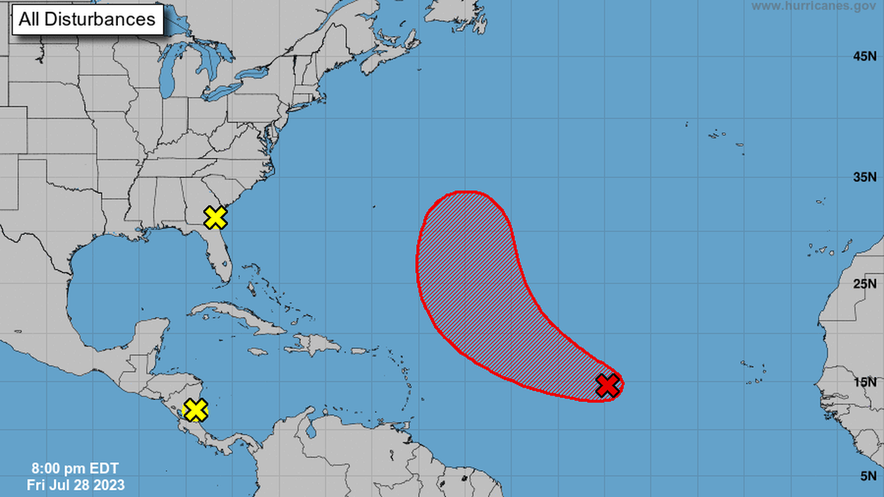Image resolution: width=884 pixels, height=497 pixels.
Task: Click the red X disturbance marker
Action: click(608, 385)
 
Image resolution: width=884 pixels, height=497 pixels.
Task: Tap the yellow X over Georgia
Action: click(215, 218)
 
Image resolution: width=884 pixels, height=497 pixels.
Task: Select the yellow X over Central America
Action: click(196, 409)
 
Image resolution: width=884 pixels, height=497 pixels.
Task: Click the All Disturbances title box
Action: click(87, 20)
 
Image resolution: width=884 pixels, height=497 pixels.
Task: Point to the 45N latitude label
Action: click(865, 56)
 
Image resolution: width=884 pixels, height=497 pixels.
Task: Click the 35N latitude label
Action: click(865, 177)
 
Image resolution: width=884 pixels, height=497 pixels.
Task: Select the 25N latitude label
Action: click(865, 284)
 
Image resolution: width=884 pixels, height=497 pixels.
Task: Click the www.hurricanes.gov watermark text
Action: click(813, 6)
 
